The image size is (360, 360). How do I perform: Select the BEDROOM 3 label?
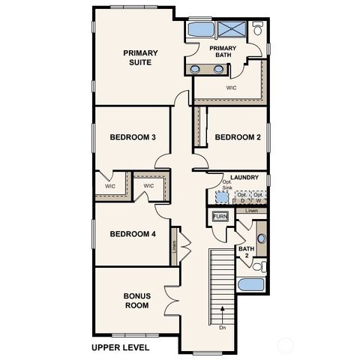coord(133,137)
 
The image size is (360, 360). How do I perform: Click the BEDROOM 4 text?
coord(133,234)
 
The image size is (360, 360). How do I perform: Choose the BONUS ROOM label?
coord(136,301)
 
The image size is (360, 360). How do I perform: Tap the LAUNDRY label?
coord(244,178)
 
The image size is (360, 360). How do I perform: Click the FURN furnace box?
coord(220,217)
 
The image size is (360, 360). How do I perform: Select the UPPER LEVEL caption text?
coord(120,348)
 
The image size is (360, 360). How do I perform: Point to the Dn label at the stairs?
coord(223,327)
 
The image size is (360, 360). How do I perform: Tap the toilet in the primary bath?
coord(257,29)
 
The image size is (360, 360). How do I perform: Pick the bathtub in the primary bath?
coord(199,30)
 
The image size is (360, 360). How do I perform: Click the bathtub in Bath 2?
coord(248,286)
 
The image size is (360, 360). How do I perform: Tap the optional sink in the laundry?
coord(222,196)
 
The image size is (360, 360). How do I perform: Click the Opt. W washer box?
coord(258,197)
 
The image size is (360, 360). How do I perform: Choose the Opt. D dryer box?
coord(241,197)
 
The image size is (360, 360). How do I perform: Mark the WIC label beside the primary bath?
coord(231,87)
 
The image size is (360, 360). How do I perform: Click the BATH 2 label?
coord(244,252)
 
